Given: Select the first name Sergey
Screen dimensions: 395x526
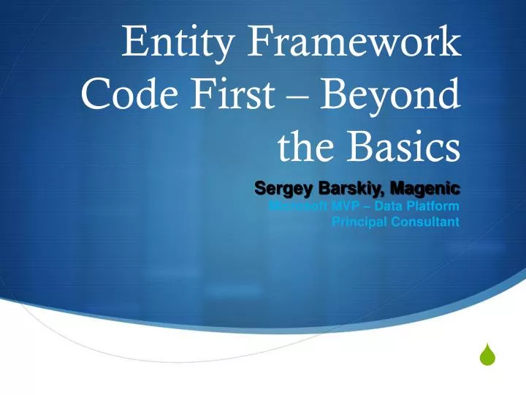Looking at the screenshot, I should [x=281, y=189].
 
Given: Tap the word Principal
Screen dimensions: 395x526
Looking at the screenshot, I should [x=358, y=222].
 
